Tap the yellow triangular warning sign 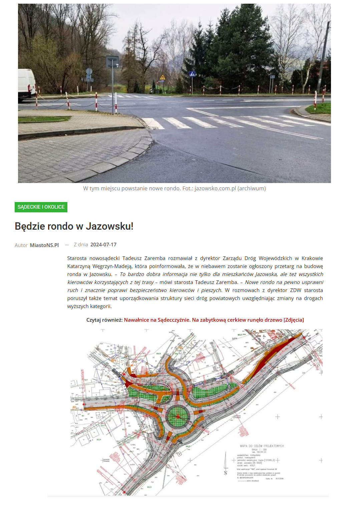click(x=162, y=78)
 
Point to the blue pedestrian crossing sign click(x=193, y=74)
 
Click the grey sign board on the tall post click(x=112, y=62)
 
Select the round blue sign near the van click(x=89, y=71)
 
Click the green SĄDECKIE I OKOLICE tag click(x=41, y=207)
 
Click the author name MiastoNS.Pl click(x=44, y=245)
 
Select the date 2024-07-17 click(x=103, y=245)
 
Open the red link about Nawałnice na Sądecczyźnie click(x=214, y=320)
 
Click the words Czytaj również click(x=104, y=320)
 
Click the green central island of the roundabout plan click(x=177, y=417)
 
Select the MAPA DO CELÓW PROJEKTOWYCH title click(x=262, y=446)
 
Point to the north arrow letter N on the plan click(x=226, y=473)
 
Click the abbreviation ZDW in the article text click(x=296, y=290)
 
